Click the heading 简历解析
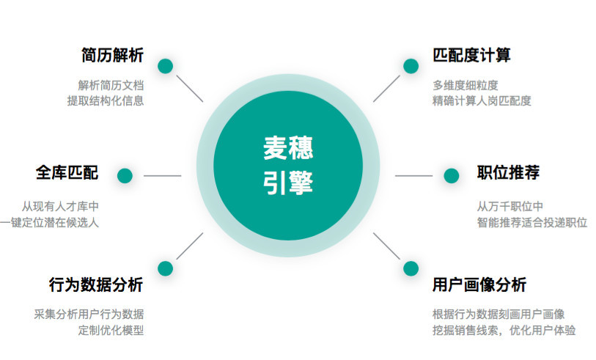(x=112, y=55)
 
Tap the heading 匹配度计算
(x=471, y=55)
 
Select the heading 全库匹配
(x=67, y=172)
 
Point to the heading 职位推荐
(x=508, y=172)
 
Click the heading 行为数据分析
(x=96, y=284)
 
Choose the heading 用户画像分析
(x=479, y=284)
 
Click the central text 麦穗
(x=288, y=148)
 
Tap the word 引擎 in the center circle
(x=288, y=183)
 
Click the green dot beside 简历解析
(x=166, y=66)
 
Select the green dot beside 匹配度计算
(x=411, y=66)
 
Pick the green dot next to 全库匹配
(x=125, y=176)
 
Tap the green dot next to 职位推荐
(x=452, y=176)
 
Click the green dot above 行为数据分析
(x=166, y=268)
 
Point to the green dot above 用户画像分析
(x=411, y=268)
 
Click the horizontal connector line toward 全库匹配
(x=162, y=176)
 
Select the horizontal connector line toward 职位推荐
(x=414, y=176)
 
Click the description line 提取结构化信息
(x=106, y=100)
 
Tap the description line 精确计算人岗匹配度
(x=482, y=100)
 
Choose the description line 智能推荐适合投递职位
(x=532, y=222)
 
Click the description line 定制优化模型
(x=111, y=331)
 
